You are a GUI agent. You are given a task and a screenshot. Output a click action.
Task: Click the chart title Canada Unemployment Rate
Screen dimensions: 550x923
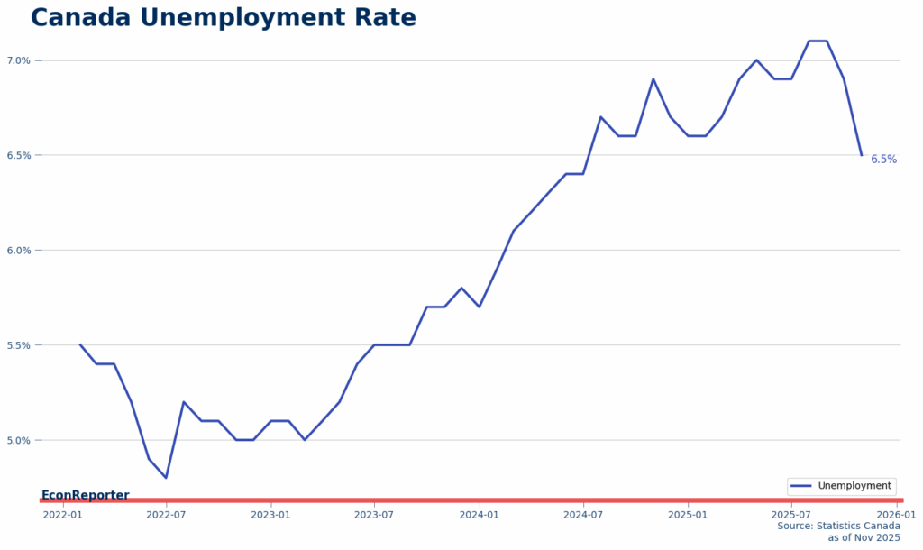224,18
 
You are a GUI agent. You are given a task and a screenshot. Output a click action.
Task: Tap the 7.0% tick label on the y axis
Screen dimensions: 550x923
20,60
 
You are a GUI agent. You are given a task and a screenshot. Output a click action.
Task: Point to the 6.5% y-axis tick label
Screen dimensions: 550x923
20,155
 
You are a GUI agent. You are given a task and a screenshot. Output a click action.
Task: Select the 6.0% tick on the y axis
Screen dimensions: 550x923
20,251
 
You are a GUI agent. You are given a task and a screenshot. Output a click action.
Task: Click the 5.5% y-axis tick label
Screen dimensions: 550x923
20,345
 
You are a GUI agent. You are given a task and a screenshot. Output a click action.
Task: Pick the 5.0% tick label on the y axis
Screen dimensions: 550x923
20,440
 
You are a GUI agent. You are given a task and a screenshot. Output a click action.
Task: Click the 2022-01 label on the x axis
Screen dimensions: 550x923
62,515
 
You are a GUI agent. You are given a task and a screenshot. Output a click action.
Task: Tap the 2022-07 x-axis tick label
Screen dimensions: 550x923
166,515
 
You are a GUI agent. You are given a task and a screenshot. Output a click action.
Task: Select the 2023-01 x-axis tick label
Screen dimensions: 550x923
270,515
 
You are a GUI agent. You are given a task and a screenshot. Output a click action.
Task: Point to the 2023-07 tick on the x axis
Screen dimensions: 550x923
374,515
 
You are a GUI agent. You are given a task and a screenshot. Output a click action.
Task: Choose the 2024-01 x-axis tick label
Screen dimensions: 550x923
479,515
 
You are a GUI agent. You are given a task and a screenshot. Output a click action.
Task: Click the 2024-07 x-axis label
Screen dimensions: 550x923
583,515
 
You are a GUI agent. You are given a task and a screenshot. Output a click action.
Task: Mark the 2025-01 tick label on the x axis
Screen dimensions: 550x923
688,515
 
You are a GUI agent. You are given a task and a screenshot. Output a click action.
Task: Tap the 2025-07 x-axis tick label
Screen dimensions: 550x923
791,515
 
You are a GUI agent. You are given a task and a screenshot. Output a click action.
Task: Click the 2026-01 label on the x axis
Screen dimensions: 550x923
896,515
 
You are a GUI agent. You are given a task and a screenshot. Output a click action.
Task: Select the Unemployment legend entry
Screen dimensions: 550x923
841,486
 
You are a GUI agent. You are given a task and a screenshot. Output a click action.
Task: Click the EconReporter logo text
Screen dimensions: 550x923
85,495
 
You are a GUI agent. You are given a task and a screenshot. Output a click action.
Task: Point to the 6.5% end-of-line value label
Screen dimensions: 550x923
883,160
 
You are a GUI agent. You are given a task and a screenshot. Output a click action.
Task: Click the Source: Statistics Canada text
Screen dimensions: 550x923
838,526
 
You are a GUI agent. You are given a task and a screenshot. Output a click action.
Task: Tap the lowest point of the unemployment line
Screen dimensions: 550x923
166,478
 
